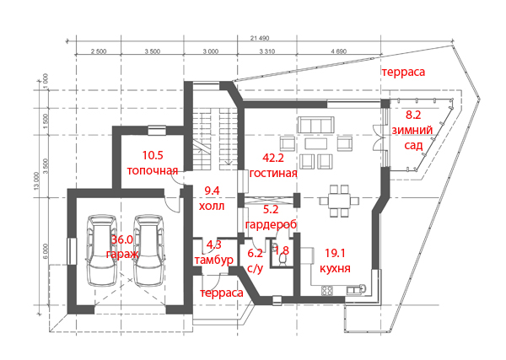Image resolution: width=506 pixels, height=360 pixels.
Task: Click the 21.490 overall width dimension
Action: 260,38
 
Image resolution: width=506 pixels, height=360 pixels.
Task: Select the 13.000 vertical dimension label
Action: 36,181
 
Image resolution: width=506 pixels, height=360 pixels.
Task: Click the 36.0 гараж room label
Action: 122,246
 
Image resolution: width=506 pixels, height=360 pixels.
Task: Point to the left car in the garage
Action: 102,250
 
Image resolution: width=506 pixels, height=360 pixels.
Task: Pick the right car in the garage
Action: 148,250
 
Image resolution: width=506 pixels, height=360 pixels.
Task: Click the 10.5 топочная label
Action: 153,163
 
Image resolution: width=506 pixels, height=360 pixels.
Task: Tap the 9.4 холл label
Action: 212,198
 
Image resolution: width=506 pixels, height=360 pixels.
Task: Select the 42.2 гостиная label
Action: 273,165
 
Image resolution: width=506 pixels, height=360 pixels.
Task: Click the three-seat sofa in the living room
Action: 315,125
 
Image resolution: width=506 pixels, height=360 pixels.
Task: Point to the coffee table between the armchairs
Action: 316,143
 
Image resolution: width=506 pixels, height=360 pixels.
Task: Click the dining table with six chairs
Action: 339,201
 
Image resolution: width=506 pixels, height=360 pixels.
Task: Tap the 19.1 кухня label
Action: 335,261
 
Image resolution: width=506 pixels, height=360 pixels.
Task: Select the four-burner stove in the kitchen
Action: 327,290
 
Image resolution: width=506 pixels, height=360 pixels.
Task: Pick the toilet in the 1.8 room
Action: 283,260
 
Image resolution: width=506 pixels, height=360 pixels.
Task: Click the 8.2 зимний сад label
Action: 412,130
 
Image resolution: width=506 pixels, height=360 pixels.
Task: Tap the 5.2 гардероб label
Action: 271,217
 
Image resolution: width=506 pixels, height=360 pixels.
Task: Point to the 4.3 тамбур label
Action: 214,252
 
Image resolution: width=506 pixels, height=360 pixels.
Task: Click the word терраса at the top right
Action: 403,72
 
